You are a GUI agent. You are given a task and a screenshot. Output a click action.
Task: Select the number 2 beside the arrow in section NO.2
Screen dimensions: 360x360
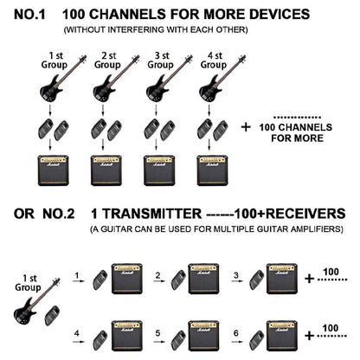[157, 275]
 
